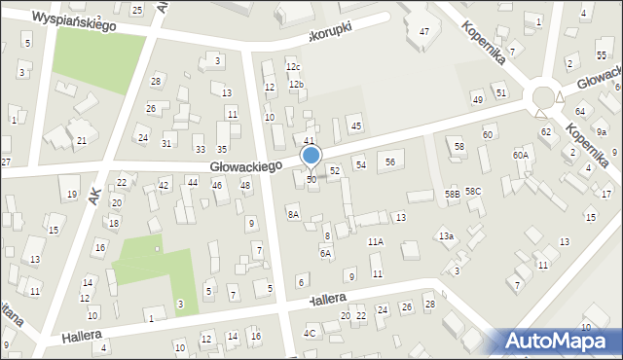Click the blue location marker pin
click(311, 157)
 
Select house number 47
click(424, 32)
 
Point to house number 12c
click(293, 66)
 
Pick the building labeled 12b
click(296, 85)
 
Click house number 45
click(356, 126)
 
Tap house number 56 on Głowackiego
click(390, 162)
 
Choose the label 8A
click(293, 213)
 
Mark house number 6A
click(326, 253)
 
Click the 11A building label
click(375, 241)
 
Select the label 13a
click(446, 235)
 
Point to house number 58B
click(453, 195)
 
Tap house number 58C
click(473, 192)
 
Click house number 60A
click(521, 155)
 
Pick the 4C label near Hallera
click(310, 333)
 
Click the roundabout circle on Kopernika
click(543, 97)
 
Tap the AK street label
click(93, 196)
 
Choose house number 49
click(477, 99)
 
